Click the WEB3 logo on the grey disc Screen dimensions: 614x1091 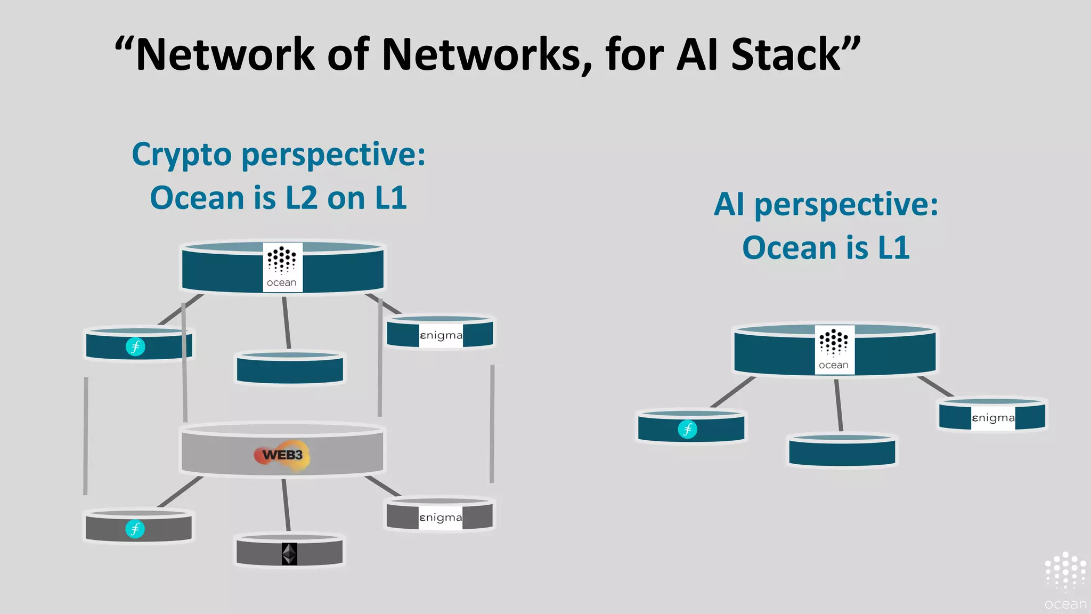coord(282,455)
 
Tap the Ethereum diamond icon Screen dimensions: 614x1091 coord(289,554)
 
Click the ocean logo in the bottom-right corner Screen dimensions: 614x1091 coord(1065,581)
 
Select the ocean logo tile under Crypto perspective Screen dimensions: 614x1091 coord(282,267)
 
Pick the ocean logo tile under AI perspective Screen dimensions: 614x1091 coord(834,350)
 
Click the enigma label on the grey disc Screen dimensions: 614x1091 coord(441,518)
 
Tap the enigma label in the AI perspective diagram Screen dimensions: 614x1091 coord(992,418)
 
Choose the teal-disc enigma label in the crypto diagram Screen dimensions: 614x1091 coord(441,335)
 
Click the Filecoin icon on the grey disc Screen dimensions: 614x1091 coord(135,529)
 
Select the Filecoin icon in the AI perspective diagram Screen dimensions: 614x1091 coord(687,429)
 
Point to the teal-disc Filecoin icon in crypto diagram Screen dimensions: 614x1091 coord(135,346)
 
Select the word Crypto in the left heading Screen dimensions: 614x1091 coord(182,155)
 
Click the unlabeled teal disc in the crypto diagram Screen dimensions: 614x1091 coord(290,369)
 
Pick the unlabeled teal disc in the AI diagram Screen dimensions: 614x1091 coord(842,452)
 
